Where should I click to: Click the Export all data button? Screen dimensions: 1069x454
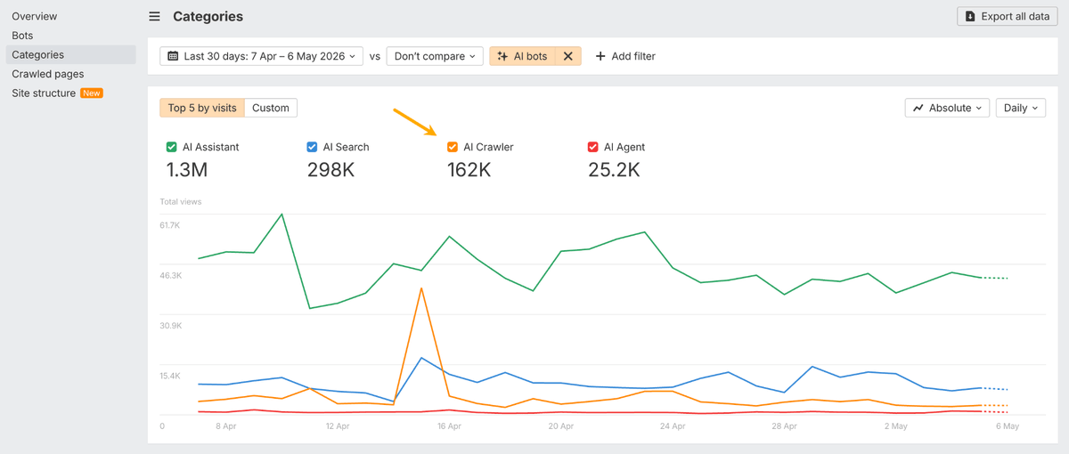[1007, 16]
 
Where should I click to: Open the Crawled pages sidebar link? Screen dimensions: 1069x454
[48, 74]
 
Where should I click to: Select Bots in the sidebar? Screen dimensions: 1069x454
[22, 36]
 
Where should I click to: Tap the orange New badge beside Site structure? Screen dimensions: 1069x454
[92, 93]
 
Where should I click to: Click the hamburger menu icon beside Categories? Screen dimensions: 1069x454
[154, 17]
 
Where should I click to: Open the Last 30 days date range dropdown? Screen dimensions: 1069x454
[261, 56]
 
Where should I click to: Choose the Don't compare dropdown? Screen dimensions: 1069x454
[435, 56]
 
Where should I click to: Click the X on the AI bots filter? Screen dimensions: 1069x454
[568, 56]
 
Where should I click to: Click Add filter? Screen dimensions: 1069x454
[625, 56]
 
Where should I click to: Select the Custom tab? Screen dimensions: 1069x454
[271, 108]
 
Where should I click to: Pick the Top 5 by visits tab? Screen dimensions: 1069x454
[202, 108]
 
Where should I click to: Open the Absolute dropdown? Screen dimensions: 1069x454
[947, 108]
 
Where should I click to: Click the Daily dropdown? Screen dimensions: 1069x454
[1021, 108]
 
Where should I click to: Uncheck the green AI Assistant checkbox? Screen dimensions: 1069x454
[171, 147]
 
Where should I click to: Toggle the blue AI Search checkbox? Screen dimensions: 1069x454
[312, 147]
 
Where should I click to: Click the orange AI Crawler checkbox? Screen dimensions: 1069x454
[453, 147]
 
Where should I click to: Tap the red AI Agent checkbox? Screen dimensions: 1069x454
[592, 147]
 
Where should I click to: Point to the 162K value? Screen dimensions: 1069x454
[469, 170]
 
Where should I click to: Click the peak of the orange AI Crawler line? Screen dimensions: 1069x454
[421, 288]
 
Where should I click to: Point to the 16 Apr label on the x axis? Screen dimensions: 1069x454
[449, 426]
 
